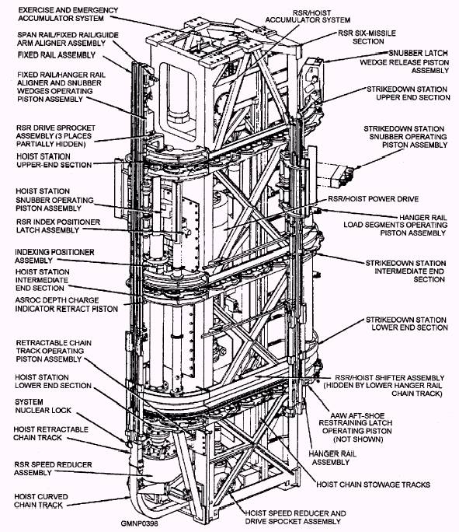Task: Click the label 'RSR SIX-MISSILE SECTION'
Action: pos(367,37)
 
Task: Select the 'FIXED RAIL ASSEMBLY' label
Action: pos(57,55)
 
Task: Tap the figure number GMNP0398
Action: pos(139,523)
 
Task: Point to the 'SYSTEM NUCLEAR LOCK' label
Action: pos(43,406)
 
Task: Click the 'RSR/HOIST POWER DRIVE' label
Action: pos(373,199)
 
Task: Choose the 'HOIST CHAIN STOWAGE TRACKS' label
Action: pos(373,485)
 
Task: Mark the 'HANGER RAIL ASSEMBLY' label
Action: pos(332,458)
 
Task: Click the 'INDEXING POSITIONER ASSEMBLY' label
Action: pos(54,256)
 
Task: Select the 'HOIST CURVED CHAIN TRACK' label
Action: pos(41,501)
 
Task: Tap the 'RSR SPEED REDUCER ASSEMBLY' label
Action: pos(53,468)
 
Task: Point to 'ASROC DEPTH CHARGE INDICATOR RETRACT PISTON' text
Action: pos(66,305)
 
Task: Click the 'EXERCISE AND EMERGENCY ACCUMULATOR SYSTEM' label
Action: pos(68,14)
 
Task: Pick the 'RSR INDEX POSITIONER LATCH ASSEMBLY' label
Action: pos(58,226)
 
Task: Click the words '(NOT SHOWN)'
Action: pos(358,439)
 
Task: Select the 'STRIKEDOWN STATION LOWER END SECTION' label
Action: pos(406,324)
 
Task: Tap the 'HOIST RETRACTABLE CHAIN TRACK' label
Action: pos(50,433)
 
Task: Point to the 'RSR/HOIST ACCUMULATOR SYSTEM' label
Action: pos(308,16)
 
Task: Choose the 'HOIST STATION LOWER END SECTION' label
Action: pos(53,382)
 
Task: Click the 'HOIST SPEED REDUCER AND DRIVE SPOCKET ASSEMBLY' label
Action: pos(295,517)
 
